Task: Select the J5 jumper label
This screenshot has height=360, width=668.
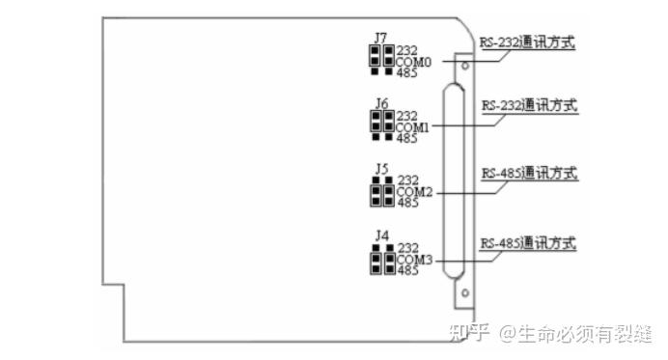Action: [x=380, y=169]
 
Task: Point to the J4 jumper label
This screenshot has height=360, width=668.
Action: [x=380, y=235]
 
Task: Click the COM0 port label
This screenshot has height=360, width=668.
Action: [x=413, y=61]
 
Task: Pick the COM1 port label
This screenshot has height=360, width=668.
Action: [x=413, y=126]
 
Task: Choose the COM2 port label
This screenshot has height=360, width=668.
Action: [x=413, y=192]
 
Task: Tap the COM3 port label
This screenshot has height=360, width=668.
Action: [x=413, y=258]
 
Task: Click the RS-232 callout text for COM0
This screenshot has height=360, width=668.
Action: [x=528, y=42]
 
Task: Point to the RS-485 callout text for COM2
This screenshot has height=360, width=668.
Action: [x=528, y=173]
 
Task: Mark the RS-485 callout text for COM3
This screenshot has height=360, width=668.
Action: [x=528, y=242]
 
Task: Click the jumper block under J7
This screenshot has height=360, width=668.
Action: [x=380, y=59]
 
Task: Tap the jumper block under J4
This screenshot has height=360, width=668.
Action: [x=380, y=259]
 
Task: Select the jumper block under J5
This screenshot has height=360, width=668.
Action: [x=380, y=193]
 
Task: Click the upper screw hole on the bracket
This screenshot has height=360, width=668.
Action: [x=464, y=67]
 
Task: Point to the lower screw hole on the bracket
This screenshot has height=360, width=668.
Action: [x=464, y=292]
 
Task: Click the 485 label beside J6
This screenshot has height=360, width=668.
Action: [x=406, y=138]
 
